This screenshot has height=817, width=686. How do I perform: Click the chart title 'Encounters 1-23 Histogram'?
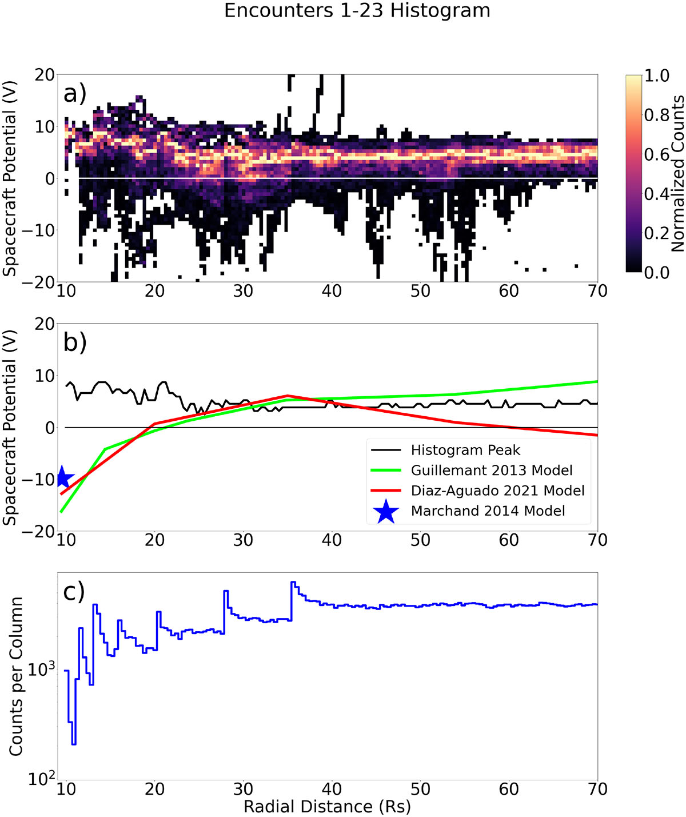pyautogui.click(x=357, y=10)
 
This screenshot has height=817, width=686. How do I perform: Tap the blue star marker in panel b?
pyautogui.click(x=62, y=478)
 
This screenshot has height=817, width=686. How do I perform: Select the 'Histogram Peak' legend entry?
pyautogui.click(x=445, y=451)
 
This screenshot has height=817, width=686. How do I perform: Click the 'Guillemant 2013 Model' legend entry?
pyautogui.click(x=472, y=471)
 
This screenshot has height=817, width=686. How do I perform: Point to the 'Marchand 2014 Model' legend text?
pyautogui.click(x=488, y=511)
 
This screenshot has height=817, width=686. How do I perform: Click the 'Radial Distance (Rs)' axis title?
pyautogui.click(x=327, y=807)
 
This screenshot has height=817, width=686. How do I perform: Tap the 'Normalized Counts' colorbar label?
pyautogui.click(x=677, y=173)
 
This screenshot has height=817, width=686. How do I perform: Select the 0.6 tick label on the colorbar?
pyautogui.click(x=656, y=154)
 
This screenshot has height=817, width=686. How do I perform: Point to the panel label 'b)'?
pyautogui.click(x=75, y=343)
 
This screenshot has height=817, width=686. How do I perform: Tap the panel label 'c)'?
pyautogui.click(x=74, y=592)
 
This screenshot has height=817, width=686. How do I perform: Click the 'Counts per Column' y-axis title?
pyautogui.click(x=15, y=676)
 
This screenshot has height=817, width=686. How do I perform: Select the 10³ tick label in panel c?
pyautogui.click(x=41, y=669)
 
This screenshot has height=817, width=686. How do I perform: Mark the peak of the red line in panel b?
pyautogui.click(x=288, y=396)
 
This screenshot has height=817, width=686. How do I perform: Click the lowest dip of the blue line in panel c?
pyautogui.click(x=74, y=744)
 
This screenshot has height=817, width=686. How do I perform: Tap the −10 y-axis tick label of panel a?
pyautogui.click(x=38, y=231)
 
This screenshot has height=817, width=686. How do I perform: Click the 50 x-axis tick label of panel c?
pyautogui.click(x=420, y=789)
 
